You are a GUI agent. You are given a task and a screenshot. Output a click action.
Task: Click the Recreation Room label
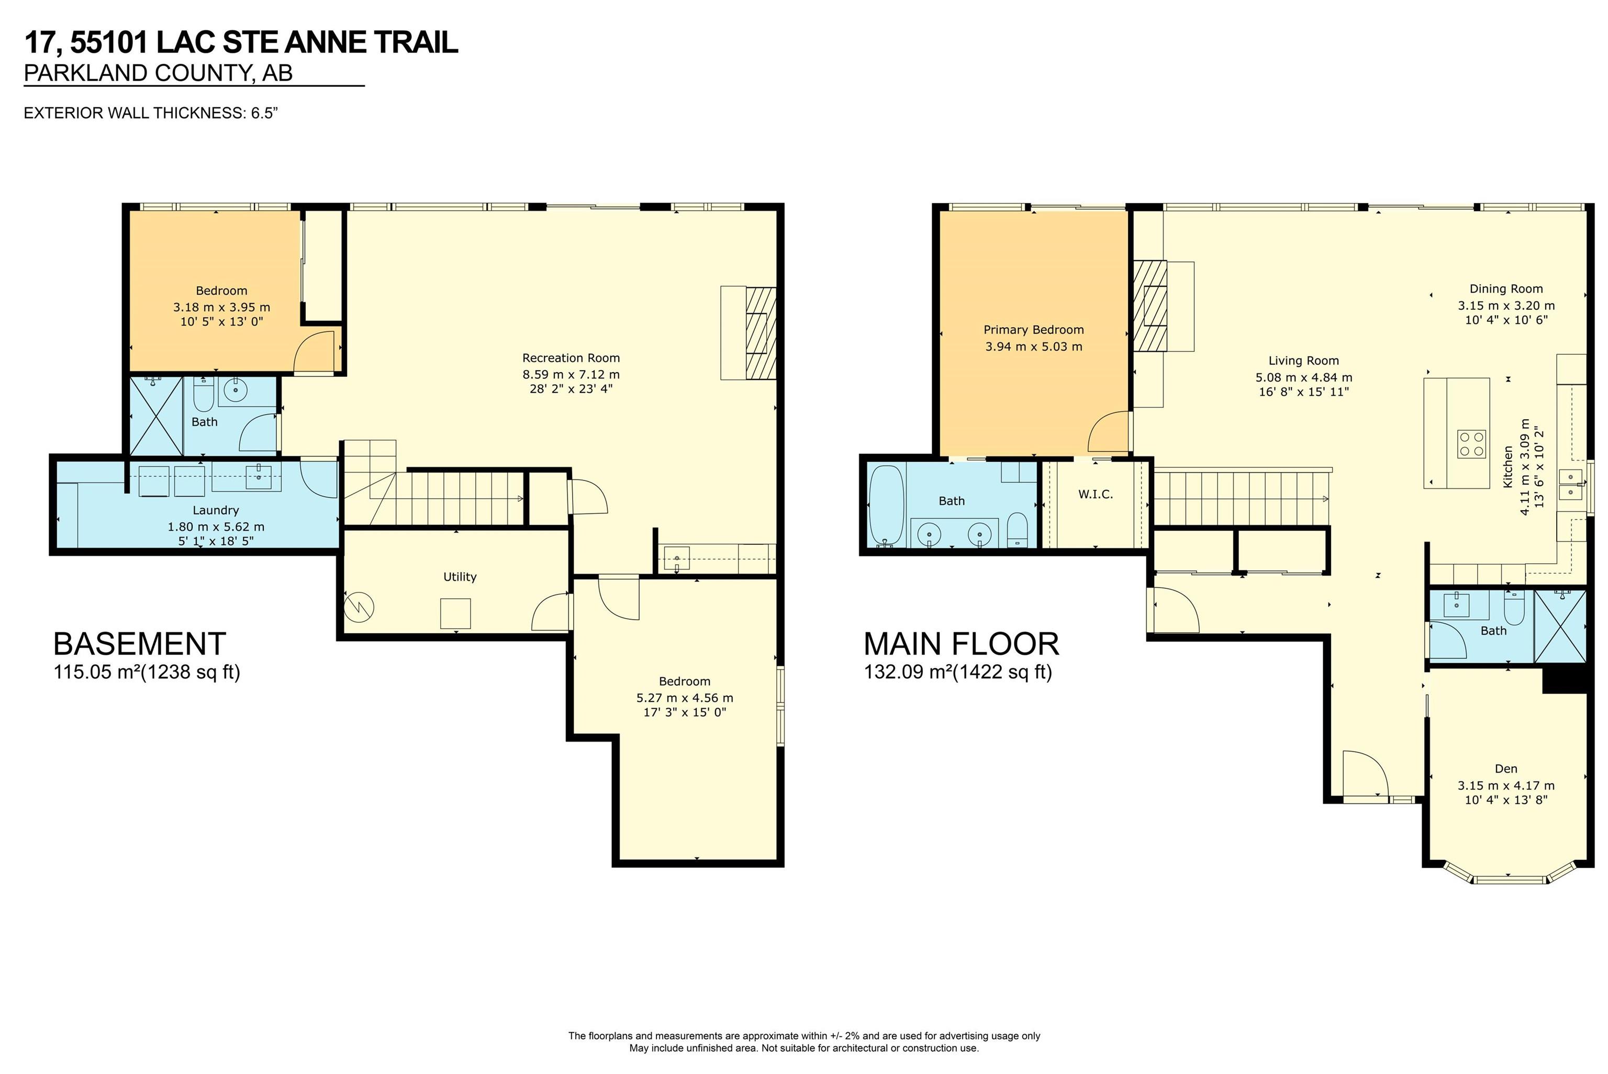571,357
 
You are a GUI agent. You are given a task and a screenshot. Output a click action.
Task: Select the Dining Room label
1506,288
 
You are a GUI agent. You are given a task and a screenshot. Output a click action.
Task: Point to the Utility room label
460,577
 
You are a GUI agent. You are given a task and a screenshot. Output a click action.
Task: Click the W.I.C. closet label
1095,494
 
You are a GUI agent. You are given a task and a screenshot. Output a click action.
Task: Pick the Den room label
1506,768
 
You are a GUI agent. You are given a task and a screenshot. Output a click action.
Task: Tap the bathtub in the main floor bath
886,506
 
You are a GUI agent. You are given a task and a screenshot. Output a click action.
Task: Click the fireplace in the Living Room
1150,306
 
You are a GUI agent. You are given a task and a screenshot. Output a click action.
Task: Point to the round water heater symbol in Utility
359,606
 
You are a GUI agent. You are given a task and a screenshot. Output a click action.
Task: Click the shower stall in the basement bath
156,416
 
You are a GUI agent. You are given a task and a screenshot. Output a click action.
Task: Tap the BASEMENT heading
140,644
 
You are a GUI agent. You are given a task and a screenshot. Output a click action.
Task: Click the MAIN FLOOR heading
962,644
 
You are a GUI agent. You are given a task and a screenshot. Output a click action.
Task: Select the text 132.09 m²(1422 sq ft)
957,672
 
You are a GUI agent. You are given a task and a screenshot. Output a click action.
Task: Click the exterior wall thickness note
151,113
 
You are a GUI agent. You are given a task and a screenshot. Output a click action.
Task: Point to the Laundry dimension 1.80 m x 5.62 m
216,527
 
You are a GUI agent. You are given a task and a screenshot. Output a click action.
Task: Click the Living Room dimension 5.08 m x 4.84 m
1303,377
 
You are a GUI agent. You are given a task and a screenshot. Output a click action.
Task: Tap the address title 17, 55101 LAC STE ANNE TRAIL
241,42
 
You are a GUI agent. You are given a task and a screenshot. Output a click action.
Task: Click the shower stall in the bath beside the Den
1560,626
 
